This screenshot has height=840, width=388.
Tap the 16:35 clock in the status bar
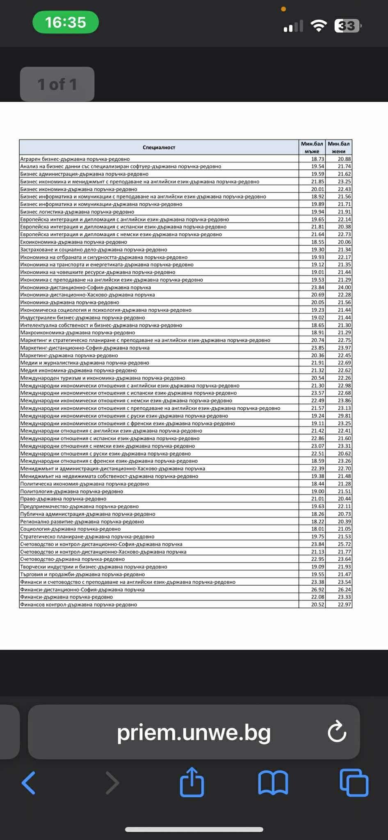click(x=66, y=22)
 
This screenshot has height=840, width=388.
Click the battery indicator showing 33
click(x=347, y=26)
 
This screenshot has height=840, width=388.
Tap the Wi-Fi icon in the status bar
click(x=318, y=25)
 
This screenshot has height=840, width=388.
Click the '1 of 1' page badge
click(x=57, y=84)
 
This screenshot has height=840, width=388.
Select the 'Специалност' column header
click(x=159, y=147)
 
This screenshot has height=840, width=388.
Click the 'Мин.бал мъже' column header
click(x=312, y=147)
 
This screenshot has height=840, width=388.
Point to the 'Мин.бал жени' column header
click(x=339, y=147)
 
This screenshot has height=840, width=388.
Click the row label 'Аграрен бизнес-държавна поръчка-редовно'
click(x=75, y=159)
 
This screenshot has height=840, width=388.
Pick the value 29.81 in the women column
click(x=344, y=416)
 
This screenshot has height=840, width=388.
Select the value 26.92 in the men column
click(x=317, y=589)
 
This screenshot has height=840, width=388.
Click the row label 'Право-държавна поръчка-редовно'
click(x=64, y=499)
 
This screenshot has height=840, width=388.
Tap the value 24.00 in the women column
click(x=344, y=288)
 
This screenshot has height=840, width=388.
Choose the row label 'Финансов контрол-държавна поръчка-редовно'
click(x=79, y=605)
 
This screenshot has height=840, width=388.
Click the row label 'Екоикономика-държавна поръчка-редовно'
click(x=74, y=242)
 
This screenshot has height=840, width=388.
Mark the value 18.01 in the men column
click(x=317, y=529)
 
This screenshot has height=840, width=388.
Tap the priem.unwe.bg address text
click(x=194, y=733)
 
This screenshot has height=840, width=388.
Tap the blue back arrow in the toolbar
click(x=29, y=783)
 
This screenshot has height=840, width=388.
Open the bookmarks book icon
click(x=273, y=783)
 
